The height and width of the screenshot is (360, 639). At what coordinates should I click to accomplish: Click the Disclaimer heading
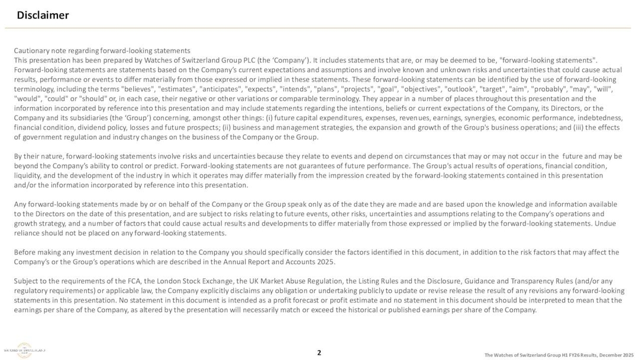(43, 15)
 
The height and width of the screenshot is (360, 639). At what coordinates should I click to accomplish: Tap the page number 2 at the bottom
(319, 353)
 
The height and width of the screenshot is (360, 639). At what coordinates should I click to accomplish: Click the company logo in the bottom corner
(25, 350)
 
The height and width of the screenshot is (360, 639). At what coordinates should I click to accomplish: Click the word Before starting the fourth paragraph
(26, 252)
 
